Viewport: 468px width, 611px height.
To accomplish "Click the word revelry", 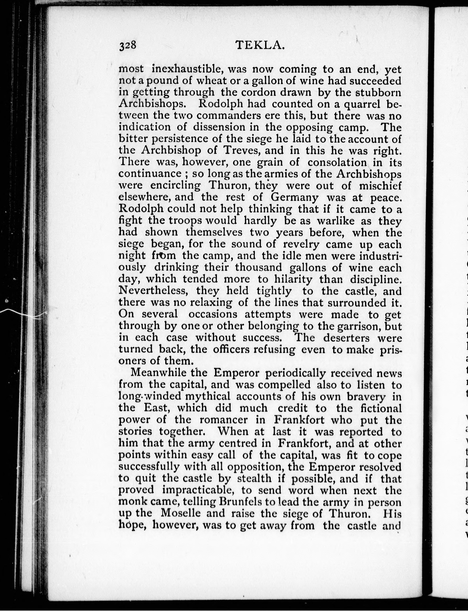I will tap(301, 244).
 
